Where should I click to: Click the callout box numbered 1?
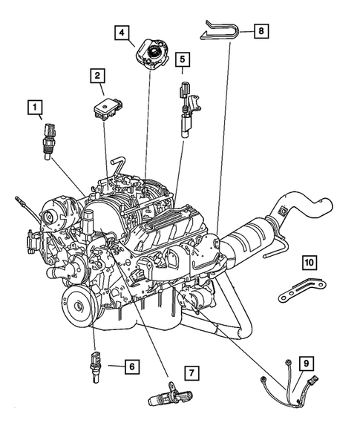34,108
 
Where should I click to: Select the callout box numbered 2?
96,75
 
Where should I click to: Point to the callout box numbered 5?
182,57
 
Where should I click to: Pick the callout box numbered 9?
305,363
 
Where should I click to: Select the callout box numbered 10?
309,262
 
